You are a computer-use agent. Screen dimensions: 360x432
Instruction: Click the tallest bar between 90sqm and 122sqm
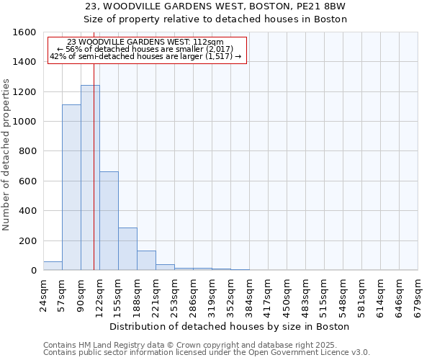[x=90, y=178]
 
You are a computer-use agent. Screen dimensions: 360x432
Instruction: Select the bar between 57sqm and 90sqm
[x=71, y=187]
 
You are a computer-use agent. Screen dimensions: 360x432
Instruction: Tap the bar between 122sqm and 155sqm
[x=109, y=221]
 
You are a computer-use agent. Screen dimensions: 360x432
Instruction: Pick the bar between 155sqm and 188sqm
[x=127, y=249]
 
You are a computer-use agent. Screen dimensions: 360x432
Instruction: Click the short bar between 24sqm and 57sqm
[x=53, y=266]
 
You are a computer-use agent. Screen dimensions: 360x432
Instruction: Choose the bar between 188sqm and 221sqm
[x=146, y=261]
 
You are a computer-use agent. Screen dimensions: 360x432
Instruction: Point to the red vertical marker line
[x=94, y=180]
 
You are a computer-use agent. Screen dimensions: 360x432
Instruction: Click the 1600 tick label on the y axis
[x=25, y=32]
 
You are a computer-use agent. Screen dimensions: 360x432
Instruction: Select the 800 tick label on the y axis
[x=28, y=152]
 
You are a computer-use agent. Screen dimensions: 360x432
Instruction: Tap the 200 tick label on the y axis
[x=28, y=241]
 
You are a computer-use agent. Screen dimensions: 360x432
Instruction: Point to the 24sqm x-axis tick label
[x=44, y=294]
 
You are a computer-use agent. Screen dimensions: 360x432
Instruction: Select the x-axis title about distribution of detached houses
[x=230, y=326]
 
